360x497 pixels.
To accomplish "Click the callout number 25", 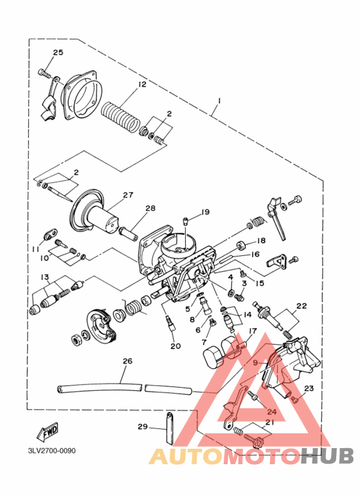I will [x=58, y=52].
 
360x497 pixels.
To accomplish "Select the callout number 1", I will [x=219, y=101].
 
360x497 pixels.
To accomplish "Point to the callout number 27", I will [x=127, y=195].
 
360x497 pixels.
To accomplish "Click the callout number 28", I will [x=150, y=208].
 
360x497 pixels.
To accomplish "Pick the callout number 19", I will [x=205, y=212].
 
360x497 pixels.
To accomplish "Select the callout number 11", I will [x=37, y=249].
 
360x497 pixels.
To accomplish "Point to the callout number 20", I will [x=175, y=347].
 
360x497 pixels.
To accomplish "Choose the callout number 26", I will [x=127, y=361].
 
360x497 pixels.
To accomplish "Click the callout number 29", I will [x=142, y=426].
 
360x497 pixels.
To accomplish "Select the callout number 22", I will [x=301, y=306].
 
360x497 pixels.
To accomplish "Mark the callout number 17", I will [x=253, y=331].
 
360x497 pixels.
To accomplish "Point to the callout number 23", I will [x=309, y=388].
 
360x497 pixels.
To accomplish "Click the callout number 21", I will [x=269, y=422].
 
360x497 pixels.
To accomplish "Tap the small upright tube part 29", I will [x=170, y=427].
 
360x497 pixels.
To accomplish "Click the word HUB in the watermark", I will [x=327, y=456].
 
